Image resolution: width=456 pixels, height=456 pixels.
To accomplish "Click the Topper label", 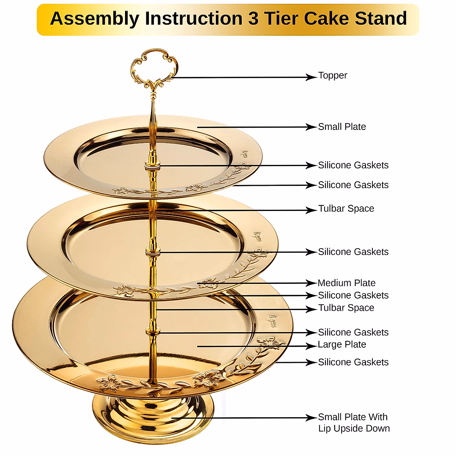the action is point(332,76).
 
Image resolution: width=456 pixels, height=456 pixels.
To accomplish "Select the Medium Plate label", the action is point(347,283).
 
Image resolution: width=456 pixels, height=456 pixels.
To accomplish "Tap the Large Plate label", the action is point(342,345).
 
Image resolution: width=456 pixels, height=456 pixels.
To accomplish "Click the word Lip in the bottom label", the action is point(324,429).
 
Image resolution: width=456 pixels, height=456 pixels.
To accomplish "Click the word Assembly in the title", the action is point(95,19).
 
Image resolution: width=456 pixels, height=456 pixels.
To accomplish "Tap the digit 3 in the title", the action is point(253,19).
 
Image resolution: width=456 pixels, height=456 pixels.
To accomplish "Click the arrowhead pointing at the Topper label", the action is point(312,77).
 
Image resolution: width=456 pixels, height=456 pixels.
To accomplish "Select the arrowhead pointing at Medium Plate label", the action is point(312,283).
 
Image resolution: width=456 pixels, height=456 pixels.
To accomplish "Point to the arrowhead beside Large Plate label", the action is point(312,346).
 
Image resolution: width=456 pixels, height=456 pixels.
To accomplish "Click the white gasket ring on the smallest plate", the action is point(152,166).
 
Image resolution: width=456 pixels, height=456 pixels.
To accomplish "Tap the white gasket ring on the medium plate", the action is point(152,252).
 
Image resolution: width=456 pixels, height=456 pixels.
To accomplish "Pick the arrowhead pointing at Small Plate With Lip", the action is point(312,418).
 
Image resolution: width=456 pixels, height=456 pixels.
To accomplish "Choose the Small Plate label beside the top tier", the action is point(342,127).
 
